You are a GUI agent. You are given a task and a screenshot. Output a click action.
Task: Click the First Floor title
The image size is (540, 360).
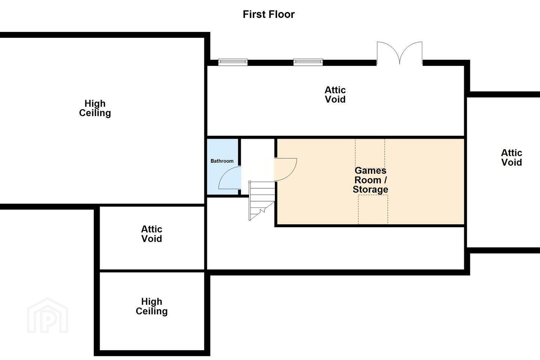click(268, 14)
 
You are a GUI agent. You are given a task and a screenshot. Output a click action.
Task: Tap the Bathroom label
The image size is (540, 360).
click(222, 161)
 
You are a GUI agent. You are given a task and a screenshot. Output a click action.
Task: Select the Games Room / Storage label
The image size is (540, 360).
click(370, 180)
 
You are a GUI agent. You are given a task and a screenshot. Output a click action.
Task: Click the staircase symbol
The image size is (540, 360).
click(262, 201)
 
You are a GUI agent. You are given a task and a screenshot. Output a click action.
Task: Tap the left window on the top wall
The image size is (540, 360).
click(233, 62)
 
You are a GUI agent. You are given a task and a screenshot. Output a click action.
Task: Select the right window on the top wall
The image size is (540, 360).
click(308, 62)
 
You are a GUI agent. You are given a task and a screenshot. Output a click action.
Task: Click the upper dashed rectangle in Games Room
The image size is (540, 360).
click(370, 153)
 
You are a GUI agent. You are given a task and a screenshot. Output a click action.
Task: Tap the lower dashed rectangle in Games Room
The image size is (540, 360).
click(373, 209)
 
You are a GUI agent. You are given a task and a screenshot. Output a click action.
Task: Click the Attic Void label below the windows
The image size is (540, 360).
click(335, 94)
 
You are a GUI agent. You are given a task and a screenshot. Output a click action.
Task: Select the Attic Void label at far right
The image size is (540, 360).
click(511, 157)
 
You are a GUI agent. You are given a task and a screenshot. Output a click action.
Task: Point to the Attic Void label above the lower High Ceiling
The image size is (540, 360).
click(151, 234)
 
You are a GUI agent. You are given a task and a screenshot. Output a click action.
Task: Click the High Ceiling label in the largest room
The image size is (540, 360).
click(95, 108)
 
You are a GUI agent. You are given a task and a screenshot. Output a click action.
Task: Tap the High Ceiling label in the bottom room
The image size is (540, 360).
click(151, 306)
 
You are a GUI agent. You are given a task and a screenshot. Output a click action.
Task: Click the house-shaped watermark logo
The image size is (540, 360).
click(48, 316)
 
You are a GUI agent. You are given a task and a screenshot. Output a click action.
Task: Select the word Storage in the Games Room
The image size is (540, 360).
click(370, 189)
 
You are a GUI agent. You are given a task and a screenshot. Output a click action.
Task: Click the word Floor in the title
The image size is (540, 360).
click(282, 14)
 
